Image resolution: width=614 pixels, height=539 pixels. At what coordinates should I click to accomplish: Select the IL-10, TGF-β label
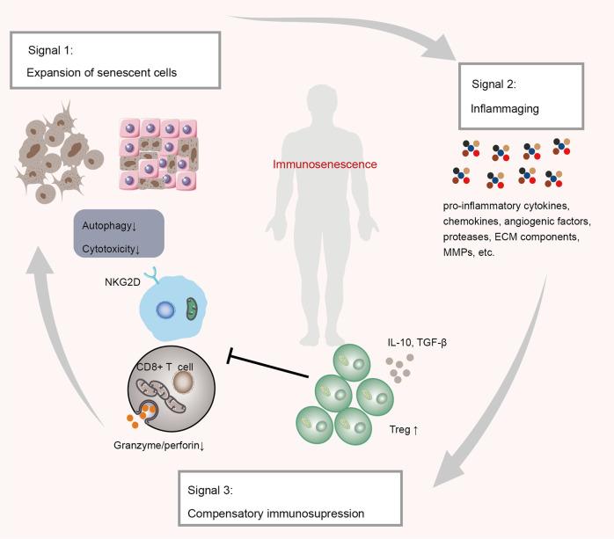point(392,340)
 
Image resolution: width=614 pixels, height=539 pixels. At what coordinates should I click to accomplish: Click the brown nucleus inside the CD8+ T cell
point(183,358)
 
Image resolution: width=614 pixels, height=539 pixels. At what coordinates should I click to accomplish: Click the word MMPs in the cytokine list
point(460,253)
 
